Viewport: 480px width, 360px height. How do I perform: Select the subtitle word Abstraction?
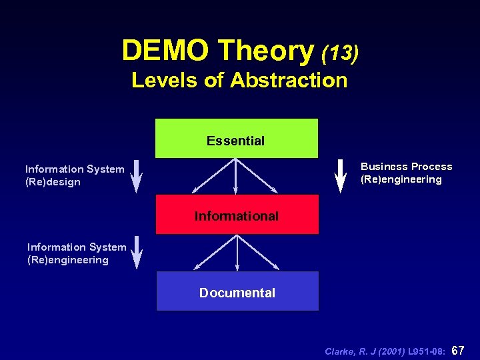click(289, 80)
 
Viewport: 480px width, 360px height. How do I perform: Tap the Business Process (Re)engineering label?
click(406, 173)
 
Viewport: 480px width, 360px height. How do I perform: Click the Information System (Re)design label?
click(75, 175)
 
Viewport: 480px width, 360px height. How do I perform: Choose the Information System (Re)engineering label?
click(77, 253)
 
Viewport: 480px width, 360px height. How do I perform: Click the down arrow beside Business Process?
click(340, 175)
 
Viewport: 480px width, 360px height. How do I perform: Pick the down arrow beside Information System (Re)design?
click(137, 175)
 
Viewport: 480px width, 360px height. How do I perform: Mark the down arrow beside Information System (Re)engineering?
click(137, 252)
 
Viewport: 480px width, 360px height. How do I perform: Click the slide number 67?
click(458, 350)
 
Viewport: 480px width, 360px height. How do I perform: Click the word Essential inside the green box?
click(235, 141)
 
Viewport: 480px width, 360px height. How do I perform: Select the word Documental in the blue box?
click(237, 293)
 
